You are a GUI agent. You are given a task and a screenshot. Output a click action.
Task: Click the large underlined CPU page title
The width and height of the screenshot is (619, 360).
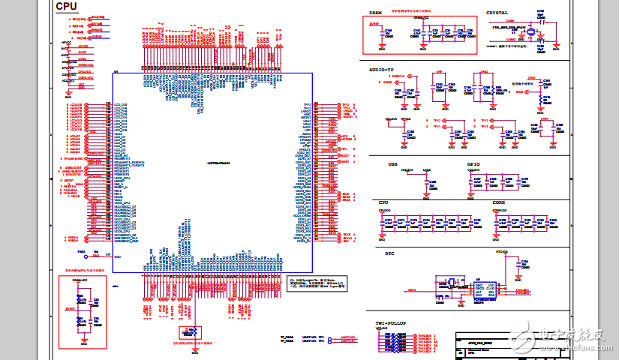[66, 6]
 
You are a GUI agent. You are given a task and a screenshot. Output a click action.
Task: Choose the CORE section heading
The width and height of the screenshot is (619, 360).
[499, 203]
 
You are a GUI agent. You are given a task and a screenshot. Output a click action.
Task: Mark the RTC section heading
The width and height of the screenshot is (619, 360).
[389, 253]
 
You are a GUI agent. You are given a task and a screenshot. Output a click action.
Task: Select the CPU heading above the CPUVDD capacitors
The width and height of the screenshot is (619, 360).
[383, 203]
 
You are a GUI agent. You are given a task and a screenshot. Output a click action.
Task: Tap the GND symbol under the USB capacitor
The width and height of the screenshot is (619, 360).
[426, 196]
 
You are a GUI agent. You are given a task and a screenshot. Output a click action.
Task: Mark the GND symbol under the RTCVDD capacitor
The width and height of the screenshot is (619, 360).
[523, 277]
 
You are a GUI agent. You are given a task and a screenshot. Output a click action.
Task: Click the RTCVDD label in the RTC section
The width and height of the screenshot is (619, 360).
[502, 252]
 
